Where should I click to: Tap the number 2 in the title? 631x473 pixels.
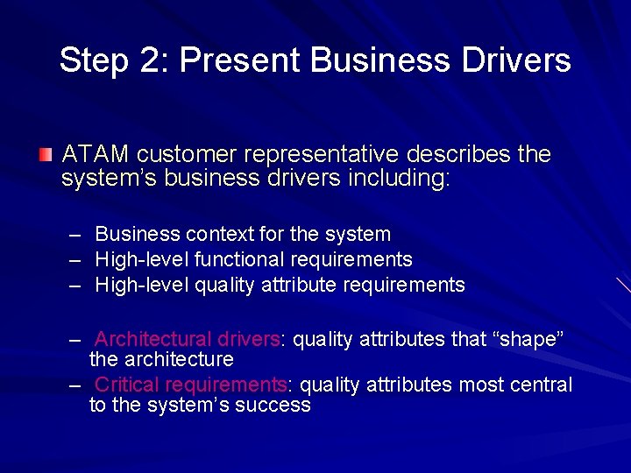click(144, 60)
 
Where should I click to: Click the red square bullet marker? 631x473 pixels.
click(46, 155)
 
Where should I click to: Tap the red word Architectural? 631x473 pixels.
click(152, 339)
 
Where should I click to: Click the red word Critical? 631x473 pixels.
click(126, 385)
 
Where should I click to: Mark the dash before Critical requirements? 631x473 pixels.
click(76, 385)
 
